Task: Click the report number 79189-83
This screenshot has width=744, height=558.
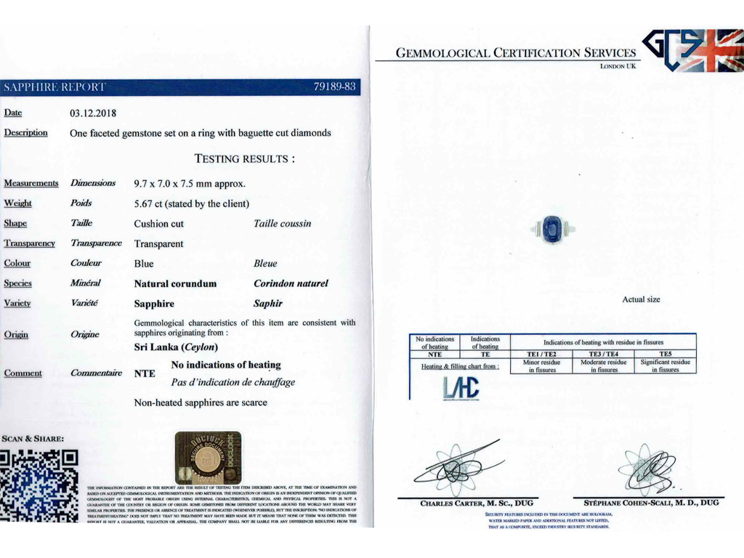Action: [x=334, y=87]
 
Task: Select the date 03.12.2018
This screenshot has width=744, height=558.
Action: [x=93, y=113]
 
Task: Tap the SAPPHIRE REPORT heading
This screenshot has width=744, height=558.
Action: [x=54, y=87]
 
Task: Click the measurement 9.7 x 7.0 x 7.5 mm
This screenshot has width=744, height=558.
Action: [x=190, y=183]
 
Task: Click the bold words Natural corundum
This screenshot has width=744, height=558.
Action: [x=175, y=283]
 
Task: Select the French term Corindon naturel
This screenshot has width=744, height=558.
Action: [x=291, y=283]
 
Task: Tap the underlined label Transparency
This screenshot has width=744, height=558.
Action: [x=29, y=243]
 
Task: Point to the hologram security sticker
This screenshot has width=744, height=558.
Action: [x=209, y=458]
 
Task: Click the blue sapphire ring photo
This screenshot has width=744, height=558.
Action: [x=554, y=230]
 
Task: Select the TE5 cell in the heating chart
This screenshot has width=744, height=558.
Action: [x=665, y=354]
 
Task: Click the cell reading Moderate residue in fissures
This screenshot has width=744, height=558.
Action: [x=603, y=365]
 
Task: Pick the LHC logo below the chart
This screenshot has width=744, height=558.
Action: [x=461, y=389]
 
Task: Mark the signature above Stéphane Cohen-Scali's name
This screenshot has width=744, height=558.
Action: [x=648, y=469]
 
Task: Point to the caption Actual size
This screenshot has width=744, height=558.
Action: [x=641, y=299]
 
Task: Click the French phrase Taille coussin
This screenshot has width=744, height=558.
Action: [x=282, y=224]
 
